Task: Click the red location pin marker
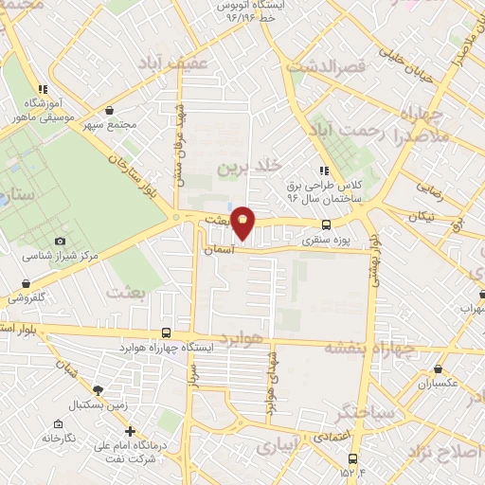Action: tap(243, 222)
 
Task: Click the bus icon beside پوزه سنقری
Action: tap(326, 225)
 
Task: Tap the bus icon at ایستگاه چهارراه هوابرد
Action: tap(167, 332)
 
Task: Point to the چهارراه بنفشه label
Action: tap(370, 348)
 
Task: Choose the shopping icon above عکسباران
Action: tap(438, 368)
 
